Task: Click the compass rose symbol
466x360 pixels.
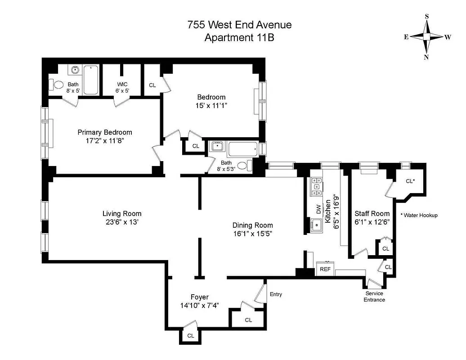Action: (x=426, y=37)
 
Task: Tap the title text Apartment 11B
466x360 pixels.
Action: (x=239, y=38)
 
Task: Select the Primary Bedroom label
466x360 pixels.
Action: (x=105, y=132)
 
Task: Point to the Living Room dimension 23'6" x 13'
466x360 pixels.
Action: (x=122, y=222)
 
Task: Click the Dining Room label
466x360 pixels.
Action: (x=252, y=225)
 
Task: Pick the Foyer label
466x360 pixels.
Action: (x=199, y=297)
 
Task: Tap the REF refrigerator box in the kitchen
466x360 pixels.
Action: (x=325, y=269)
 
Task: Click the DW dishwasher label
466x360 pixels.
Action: (x=318, y=209)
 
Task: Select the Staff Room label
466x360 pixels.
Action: (x=372, y=213)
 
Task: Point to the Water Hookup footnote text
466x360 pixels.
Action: (x=419, y=215)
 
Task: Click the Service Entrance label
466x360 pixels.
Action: (x=374, y=297)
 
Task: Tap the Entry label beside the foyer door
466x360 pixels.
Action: (x=276, y=294)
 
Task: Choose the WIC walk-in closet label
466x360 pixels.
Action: (x=123, y=84)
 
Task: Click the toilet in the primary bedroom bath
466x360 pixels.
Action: (x=58, y=84)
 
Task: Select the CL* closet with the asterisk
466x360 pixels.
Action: (x=409, y=181)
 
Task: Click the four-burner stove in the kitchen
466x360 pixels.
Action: (x=317, y=186)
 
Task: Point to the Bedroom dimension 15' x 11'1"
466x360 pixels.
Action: (x=211, y=106)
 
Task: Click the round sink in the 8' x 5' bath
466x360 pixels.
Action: (x=75, y=70)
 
